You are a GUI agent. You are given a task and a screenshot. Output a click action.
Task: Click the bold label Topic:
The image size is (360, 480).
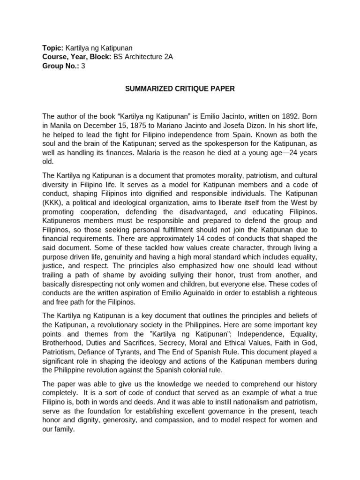click(53, 48)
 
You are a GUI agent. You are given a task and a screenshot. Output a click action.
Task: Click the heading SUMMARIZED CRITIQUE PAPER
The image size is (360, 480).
click(180, 88)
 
